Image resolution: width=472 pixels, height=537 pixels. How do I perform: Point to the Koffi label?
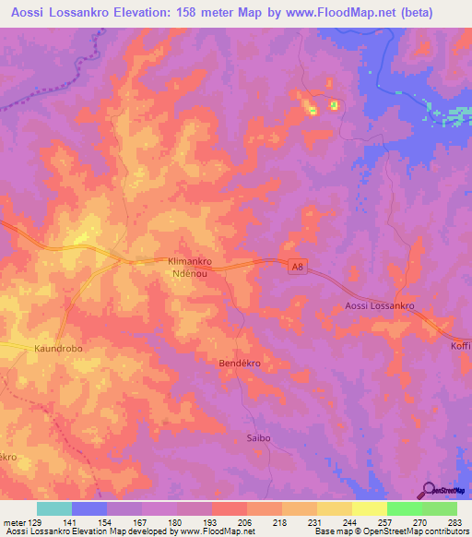point(461,345)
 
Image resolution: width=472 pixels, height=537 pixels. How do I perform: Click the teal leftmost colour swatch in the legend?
point(54,508)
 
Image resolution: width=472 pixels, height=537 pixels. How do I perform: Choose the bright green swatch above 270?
point(405,508)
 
